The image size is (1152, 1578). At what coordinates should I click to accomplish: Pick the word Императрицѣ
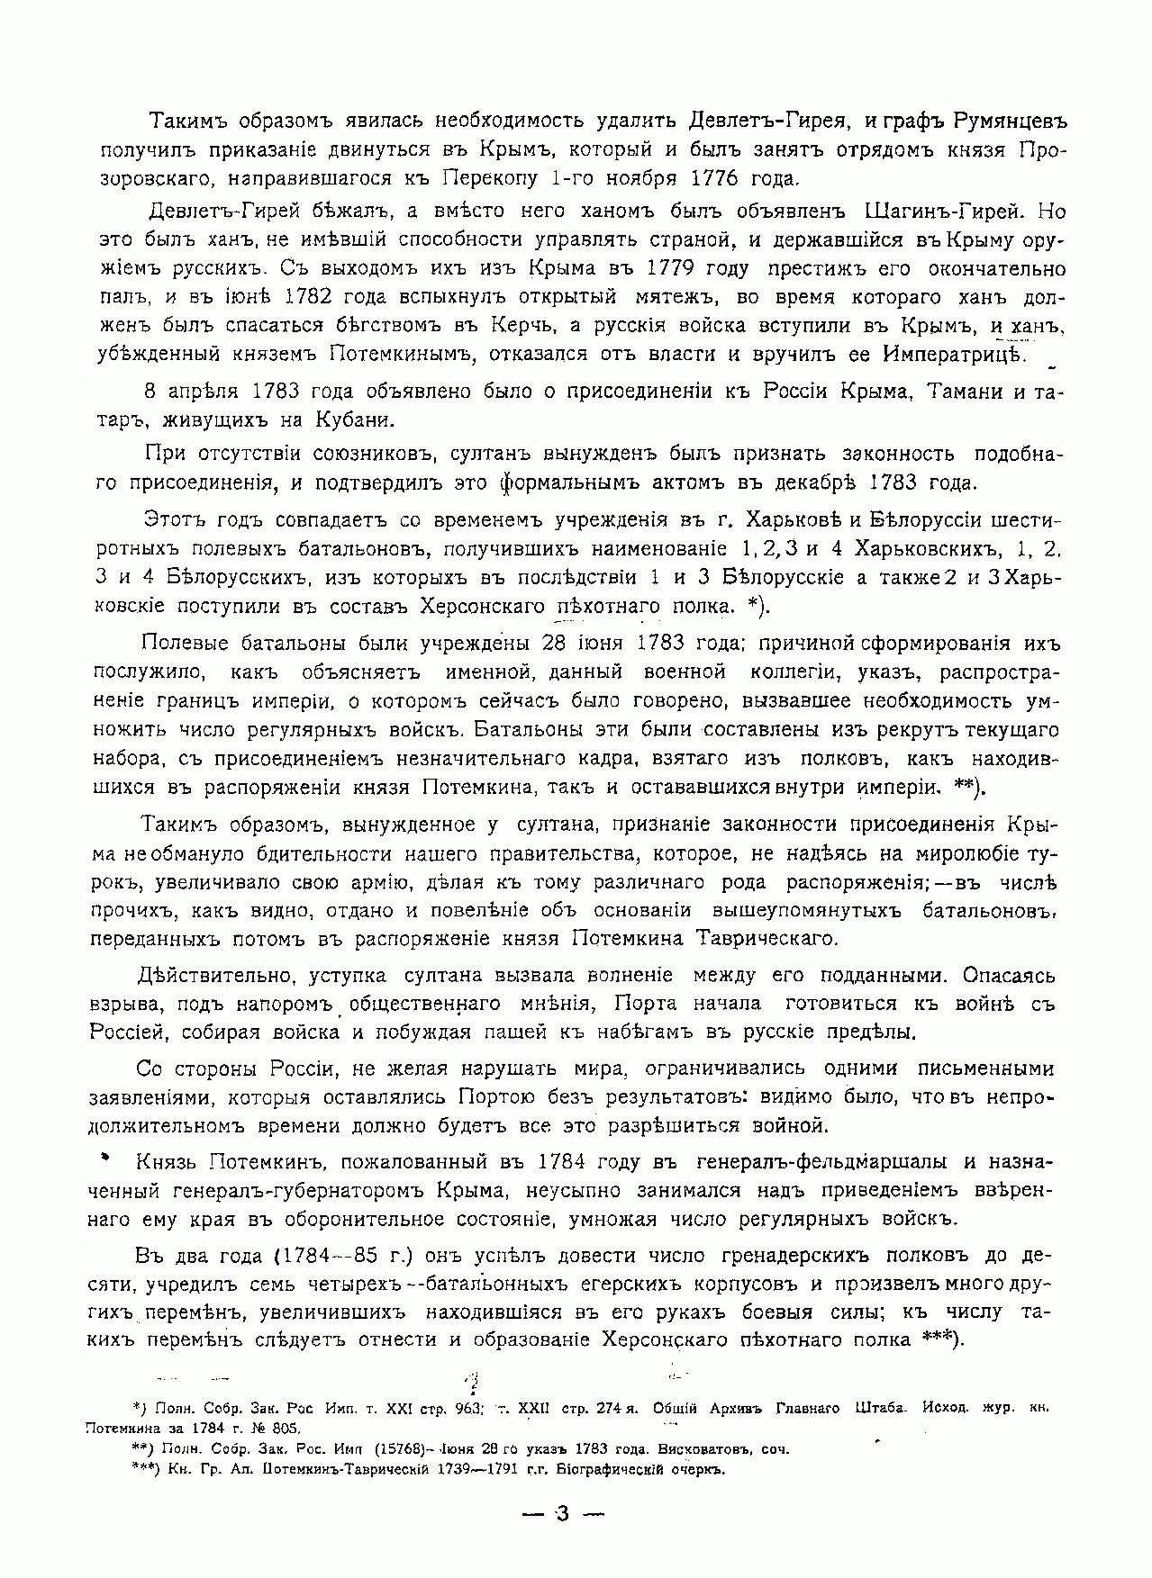955,355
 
